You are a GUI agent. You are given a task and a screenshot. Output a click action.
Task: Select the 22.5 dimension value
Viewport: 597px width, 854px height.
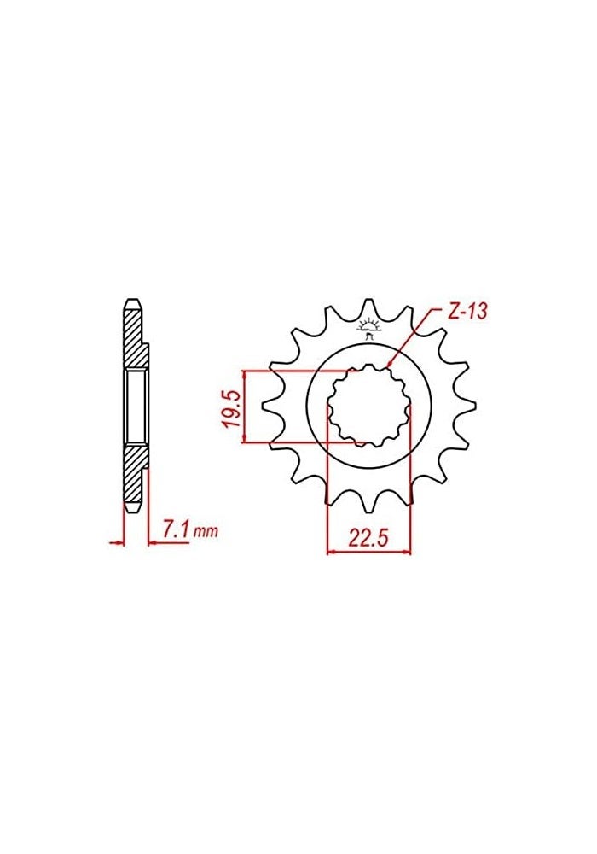368,537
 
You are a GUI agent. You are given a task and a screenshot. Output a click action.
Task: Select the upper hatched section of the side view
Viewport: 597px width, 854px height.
134,337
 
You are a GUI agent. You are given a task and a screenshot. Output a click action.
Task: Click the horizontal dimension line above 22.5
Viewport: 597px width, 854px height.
368,552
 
